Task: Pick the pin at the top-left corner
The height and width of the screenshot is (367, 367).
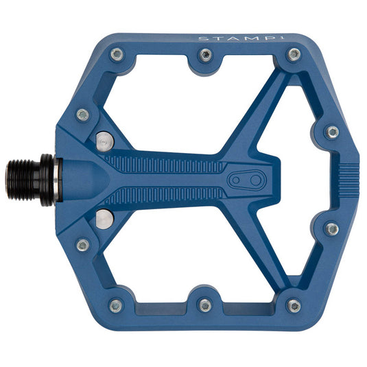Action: tap(117, 54)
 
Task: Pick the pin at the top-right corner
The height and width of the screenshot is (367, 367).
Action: tap(294, 54)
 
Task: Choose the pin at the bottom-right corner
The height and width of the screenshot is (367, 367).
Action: tap(294, 305)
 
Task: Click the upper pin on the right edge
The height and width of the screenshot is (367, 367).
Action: tap(332, 132)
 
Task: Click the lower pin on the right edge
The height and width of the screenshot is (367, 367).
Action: tap(332, 228)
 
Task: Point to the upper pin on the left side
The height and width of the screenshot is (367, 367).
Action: tap(83, 115)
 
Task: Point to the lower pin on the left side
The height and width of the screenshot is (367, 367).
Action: tap(83, 244)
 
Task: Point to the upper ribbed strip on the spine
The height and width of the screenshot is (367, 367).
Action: tap(165, 165)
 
